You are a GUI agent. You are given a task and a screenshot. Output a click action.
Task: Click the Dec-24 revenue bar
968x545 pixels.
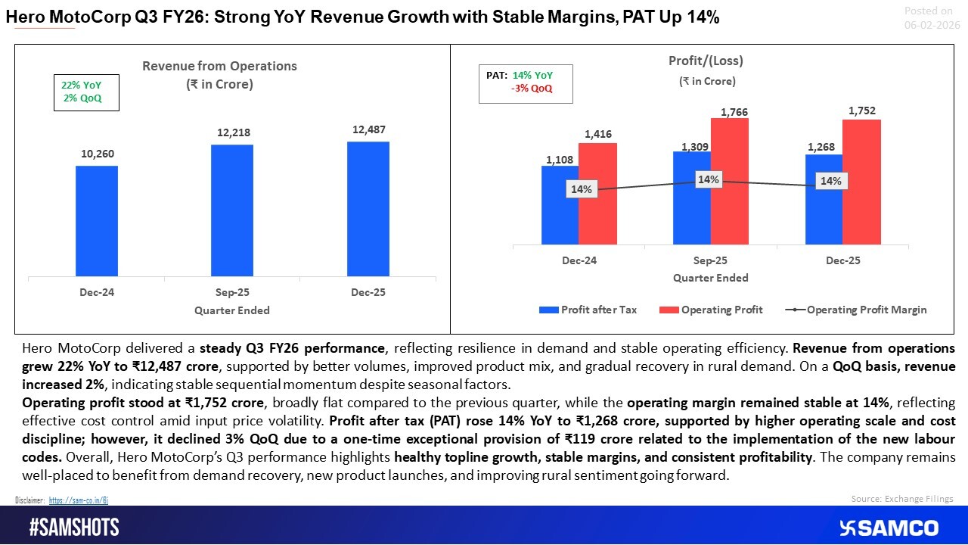[x=97, y=221]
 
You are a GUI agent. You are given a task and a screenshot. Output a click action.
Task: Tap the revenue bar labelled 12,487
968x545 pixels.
[x=368, y=209]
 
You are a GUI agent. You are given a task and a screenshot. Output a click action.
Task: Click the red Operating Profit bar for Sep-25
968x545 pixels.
[x=730, y=182]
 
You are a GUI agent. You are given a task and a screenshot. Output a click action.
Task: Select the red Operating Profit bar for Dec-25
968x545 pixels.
[x=861, y=182]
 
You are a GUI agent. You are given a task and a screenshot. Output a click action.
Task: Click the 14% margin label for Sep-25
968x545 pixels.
[x=709, y=179]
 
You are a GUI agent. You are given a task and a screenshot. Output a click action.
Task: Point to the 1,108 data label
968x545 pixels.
[x=560, y=160]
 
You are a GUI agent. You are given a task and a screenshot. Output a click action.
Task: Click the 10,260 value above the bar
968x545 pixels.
[x=97, y=154]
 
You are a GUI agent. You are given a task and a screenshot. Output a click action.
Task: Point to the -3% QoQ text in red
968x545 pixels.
[x=532, y=88]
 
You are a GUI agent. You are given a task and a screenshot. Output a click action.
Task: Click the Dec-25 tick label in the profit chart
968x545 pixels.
[x=842, y=260]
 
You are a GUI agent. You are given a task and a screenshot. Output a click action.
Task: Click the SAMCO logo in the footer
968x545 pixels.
[x=889, y=528]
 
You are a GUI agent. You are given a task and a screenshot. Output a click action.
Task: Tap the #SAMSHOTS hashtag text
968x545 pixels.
[x=74, y=528]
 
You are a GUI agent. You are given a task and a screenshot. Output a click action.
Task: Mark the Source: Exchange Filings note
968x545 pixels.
[x=902, y=498]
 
